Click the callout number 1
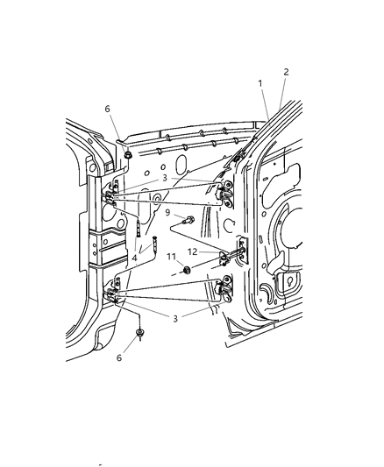click(260, 83)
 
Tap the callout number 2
click(286, 72)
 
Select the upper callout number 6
click(107, 109)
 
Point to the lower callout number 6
click(119, 357)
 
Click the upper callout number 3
click(165, 178)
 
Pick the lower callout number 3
click(175, 318)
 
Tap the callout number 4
click(135, 258)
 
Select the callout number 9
click(167, 212)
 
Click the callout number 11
click(171, 256)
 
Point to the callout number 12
click(193, 251)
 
